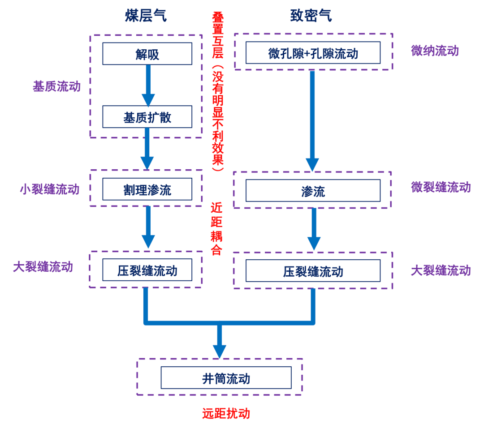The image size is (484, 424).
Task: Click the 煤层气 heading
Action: pyautogui.click(x=146, y=16)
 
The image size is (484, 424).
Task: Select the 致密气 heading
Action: pyautogui.click(x=311, y=16)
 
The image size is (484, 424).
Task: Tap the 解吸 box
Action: pyautogui.click(x=147, y=54)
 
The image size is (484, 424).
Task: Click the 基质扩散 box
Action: pyautogui.click(x=147, y=117)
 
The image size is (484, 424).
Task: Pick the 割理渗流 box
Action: pyautogui.click(x=147, y=189)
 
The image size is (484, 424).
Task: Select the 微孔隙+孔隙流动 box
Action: pyautogui.click(x=313, y=53)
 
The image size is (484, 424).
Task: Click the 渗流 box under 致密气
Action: pyautogui.click(x=313, y=191)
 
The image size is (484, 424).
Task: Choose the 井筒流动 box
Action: pyautogui.click(x=226, y=378)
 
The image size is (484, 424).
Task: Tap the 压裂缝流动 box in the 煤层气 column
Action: pyautogui.click(x=147, y=270)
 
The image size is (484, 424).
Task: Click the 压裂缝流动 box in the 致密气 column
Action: pyautogui.click(x=313, y=271)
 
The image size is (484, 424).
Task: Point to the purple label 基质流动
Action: pyautogui.click(x=56, y=86)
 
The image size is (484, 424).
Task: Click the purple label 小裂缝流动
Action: pyautogui.click(x=49, y=189)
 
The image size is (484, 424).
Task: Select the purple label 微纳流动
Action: pyautogui.click(x=435, y=50)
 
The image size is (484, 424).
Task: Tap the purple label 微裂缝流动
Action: pyautogui.click(x=441, y=187)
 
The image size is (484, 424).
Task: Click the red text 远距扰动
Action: pyautogui.click(x=225, y=413)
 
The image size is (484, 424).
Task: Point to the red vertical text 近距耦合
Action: pyautogui.click(x=216, y=229)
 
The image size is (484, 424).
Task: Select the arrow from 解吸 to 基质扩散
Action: pyautogui.click(x=148, y=85)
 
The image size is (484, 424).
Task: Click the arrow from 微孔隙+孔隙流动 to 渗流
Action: pyautogui.click(x=312, y=121)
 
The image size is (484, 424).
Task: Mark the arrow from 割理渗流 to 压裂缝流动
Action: pyautogui.click(x=148, y=227)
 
